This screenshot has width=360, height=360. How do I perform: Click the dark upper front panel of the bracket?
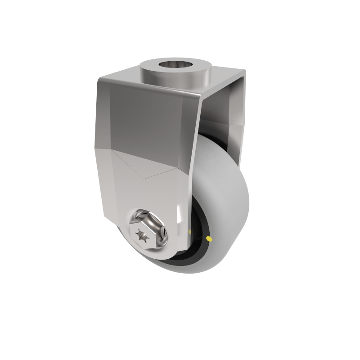[148, 121]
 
